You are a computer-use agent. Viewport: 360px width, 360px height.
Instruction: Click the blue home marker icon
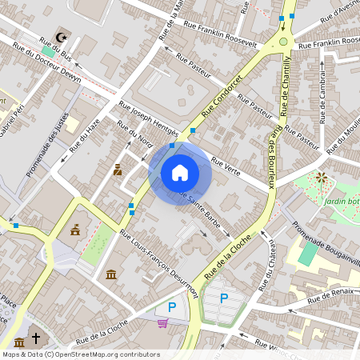point(180,172)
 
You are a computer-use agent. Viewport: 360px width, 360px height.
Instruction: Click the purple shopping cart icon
point(163,323)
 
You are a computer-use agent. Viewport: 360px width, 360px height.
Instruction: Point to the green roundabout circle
point(283,42)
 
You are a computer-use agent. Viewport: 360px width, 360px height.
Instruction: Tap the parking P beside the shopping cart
point(171,306)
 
